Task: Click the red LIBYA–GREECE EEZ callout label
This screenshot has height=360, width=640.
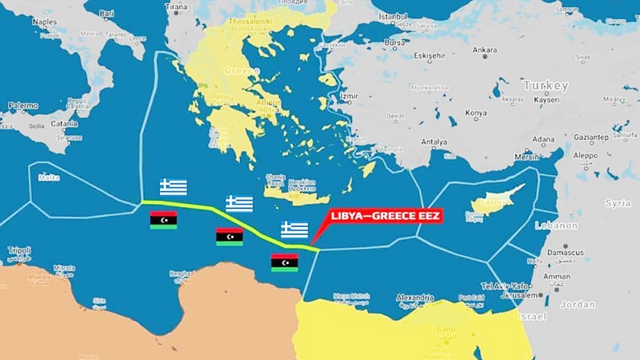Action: [x=385, y=216]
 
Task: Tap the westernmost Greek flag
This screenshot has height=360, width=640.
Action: [x=173, y=187]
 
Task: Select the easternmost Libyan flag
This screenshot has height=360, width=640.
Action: [x=284, y=263]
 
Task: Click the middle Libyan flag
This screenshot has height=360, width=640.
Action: [x=230, y=237]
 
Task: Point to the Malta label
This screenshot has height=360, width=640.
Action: [x=49, y=178]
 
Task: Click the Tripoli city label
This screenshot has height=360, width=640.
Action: [x=19, y=251]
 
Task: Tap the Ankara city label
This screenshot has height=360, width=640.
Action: [x=485, y=50]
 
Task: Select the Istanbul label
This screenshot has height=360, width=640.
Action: [x=393, y=17]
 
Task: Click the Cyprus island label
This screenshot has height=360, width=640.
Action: [x=492, y=202]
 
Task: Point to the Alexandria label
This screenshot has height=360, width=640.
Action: [x=415, y=298]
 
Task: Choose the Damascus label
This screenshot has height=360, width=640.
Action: [x=565, y=252]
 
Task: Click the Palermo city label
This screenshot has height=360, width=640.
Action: [x=23, y=106]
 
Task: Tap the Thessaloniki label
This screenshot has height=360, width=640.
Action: [x=250, y=21]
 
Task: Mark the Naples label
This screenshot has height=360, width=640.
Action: [x=44, y=22]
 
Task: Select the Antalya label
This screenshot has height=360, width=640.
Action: [x=434, y=142]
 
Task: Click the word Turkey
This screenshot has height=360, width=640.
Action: [x=546, y=86]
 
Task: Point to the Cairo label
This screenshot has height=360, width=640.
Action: [x=446, y=329]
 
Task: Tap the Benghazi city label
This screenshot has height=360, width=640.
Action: [x=182, y=274]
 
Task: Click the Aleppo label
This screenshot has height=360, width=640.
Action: [x=585, y=155]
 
